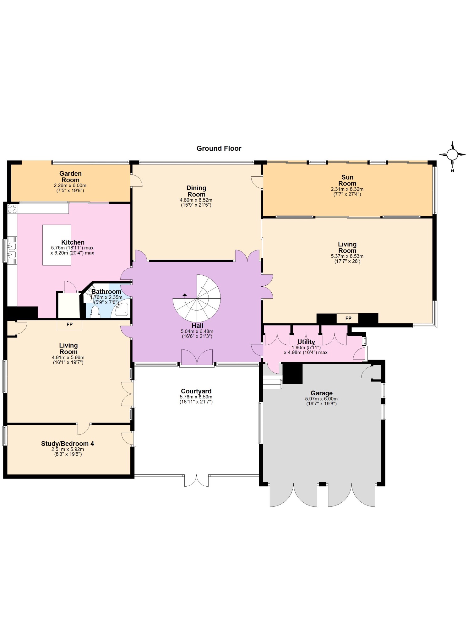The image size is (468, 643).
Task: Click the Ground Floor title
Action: [219, 149]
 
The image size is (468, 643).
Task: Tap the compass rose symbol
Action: [452, 155]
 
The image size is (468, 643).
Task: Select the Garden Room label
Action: [70, 177]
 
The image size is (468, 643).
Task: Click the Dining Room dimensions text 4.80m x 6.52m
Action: [196, 200]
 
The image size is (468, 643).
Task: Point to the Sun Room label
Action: [347, 181]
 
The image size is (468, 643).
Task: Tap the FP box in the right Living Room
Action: [348, 318]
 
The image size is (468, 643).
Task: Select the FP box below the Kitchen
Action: [69, 325]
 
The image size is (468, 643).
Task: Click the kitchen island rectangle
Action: [57, 245]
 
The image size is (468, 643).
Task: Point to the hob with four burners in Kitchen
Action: [12, 209]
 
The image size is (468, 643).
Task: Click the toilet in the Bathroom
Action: [95, 312]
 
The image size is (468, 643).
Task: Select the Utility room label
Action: [306, 342]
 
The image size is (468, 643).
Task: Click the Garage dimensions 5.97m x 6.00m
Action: [321, 399]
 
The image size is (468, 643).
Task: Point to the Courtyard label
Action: [196, 391]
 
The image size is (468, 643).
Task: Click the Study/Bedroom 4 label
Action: [68, 444]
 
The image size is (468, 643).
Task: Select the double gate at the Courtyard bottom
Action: [196, 481]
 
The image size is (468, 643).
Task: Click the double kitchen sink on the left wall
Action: [12, 250]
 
